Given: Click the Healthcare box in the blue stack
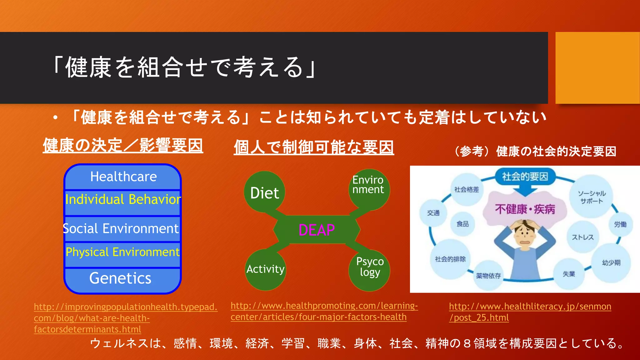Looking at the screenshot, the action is point(123,177).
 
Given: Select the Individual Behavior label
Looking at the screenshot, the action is point(123,200).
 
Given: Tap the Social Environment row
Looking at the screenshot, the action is point(121,229).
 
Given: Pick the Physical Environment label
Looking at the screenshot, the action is point(122,252).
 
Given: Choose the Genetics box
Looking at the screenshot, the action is point(120,278).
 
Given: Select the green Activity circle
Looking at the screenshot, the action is point(265,269).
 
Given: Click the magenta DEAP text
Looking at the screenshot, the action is point(317,230).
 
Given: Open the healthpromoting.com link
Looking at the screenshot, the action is point(324,311).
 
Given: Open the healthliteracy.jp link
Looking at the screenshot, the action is point(530,312).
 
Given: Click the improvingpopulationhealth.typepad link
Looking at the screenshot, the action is point(125,318).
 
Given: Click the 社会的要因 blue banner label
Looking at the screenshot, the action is point(525,177).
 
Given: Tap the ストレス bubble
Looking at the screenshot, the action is point(582,237).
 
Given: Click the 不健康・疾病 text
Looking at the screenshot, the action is point(525,209).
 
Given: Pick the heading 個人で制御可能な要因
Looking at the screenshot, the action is point(314,147).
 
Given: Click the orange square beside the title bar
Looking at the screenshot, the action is point(597,68).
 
